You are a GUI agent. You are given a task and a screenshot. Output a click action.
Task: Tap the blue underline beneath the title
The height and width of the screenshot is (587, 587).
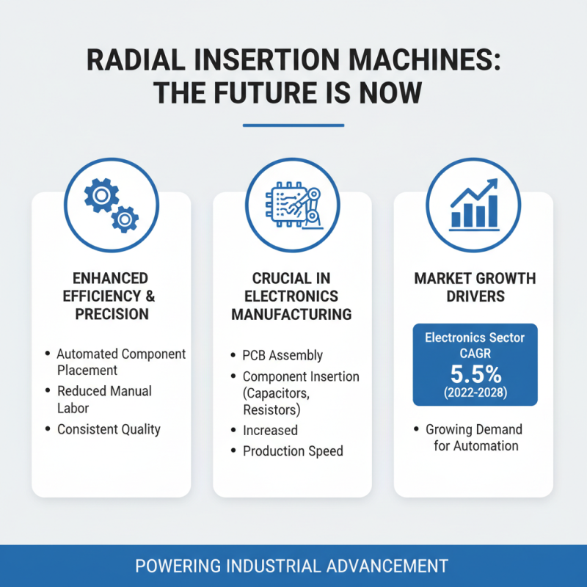click(x=293, y=125)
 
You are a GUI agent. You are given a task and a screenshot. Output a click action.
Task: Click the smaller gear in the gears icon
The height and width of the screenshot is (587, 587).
click(x=124, y=218)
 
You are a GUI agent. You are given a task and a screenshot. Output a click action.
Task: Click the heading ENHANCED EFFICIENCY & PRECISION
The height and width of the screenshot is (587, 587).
click(x=111, y=296)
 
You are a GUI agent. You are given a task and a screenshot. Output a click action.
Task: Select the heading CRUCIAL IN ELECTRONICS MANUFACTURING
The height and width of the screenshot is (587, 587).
click(x=292, y=296)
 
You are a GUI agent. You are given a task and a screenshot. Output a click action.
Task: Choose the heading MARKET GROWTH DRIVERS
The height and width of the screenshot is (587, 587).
click(x=475, y=288)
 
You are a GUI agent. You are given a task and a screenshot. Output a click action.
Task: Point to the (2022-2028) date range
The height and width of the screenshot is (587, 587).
click(x=475, y=393)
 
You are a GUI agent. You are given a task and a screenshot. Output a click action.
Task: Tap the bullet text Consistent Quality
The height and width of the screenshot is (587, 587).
click(x=109, y=429)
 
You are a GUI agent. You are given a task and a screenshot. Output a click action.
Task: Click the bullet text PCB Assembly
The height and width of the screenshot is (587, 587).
click(x=282, y=355)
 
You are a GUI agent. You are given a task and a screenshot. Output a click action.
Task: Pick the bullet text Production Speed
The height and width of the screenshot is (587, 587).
click(x=293, y=451)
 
